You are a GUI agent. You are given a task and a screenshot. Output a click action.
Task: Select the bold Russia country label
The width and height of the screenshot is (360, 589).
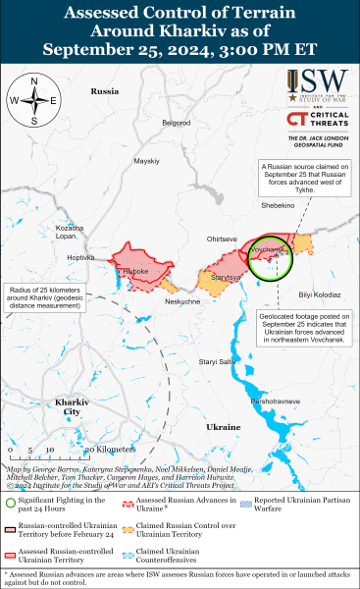[104, 90]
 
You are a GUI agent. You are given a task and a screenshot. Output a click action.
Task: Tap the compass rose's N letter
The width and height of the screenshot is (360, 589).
[34, 80]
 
